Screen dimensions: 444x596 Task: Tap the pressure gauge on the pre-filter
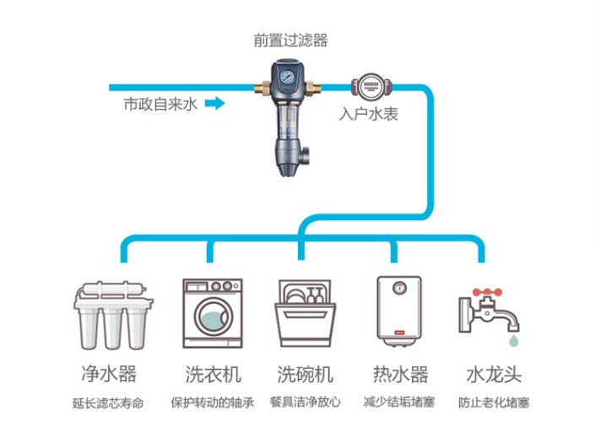point(290,75)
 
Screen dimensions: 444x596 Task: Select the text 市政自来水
point(160,105)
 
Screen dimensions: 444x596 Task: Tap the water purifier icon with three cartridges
point(113,317)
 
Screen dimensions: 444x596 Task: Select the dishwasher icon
point(303,313)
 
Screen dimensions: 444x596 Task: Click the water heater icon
point(396,311)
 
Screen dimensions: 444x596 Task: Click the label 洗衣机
point(213,374)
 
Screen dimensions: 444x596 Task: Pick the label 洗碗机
point(305,374)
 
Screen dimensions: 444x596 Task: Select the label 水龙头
point(495,374)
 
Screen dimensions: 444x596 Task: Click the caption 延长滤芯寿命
point(108,403)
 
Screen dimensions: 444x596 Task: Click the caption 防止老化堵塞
point(494,403)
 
